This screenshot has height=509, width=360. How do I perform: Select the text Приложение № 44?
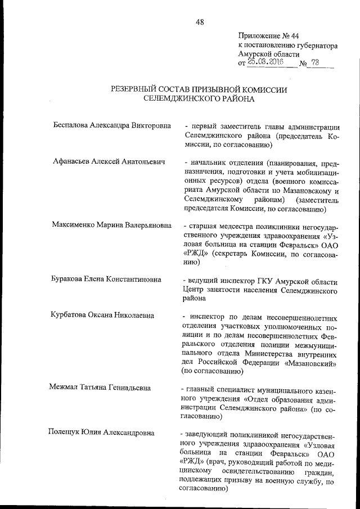tap(268, 34)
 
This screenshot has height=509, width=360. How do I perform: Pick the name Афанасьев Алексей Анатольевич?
tap(108, 162)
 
